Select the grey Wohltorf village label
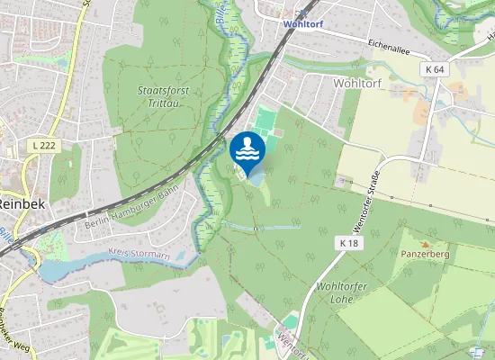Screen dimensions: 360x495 [357, 82]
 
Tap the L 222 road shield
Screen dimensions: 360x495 [38, 146]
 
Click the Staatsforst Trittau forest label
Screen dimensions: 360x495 [162, 96]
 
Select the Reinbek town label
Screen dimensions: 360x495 [14, 204]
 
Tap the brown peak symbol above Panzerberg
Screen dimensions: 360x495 [426, 244]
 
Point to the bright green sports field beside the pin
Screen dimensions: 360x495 [265, 122]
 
